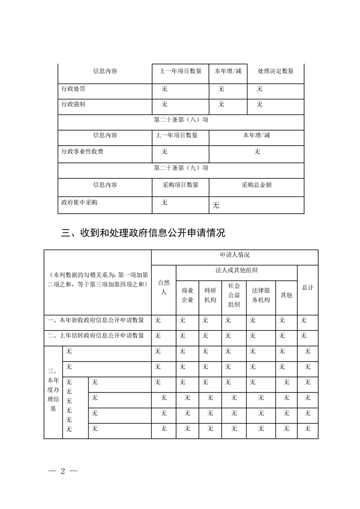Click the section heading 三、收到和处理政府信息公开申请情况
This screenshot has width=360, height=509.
pos(143,234)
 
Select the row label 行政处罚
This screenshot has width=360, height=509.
pos(73,89)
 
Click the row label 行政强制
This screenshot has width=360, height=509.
pos(73,104)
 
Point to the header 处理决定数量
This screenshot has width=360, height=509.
pos(275,71)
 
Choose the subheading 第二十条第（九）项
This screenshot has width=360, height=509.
pos(181,168)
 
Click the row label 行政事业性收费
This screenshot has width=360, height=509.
pos(82,152)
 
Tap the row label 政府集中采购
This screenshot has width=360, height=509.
pos(79,202)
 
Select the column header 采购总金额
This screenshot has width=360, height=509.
pos(256,185)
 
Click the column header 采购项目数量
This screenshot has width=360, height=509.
pos(180,185)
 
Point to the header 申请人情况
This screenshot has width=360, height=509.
pos(235,256)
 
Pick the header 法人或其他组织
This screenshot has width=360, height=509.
pos(237,271)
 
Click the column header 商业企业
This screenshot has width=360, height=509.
pos(187,295)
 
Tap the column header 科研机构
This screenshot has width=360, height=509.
pos(210,295)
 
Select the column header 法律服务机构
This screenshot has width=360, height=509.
pos(261,295)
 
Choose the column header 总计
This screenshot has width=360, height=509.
pos(307,288)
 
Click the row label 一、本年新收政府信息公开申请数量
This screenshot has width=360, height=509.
pos(96,320)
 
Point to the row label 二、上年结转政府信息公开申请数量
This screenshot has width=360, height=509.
pos(96,336)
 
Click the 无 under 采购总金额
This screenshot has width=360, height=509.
pos(216,206)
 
